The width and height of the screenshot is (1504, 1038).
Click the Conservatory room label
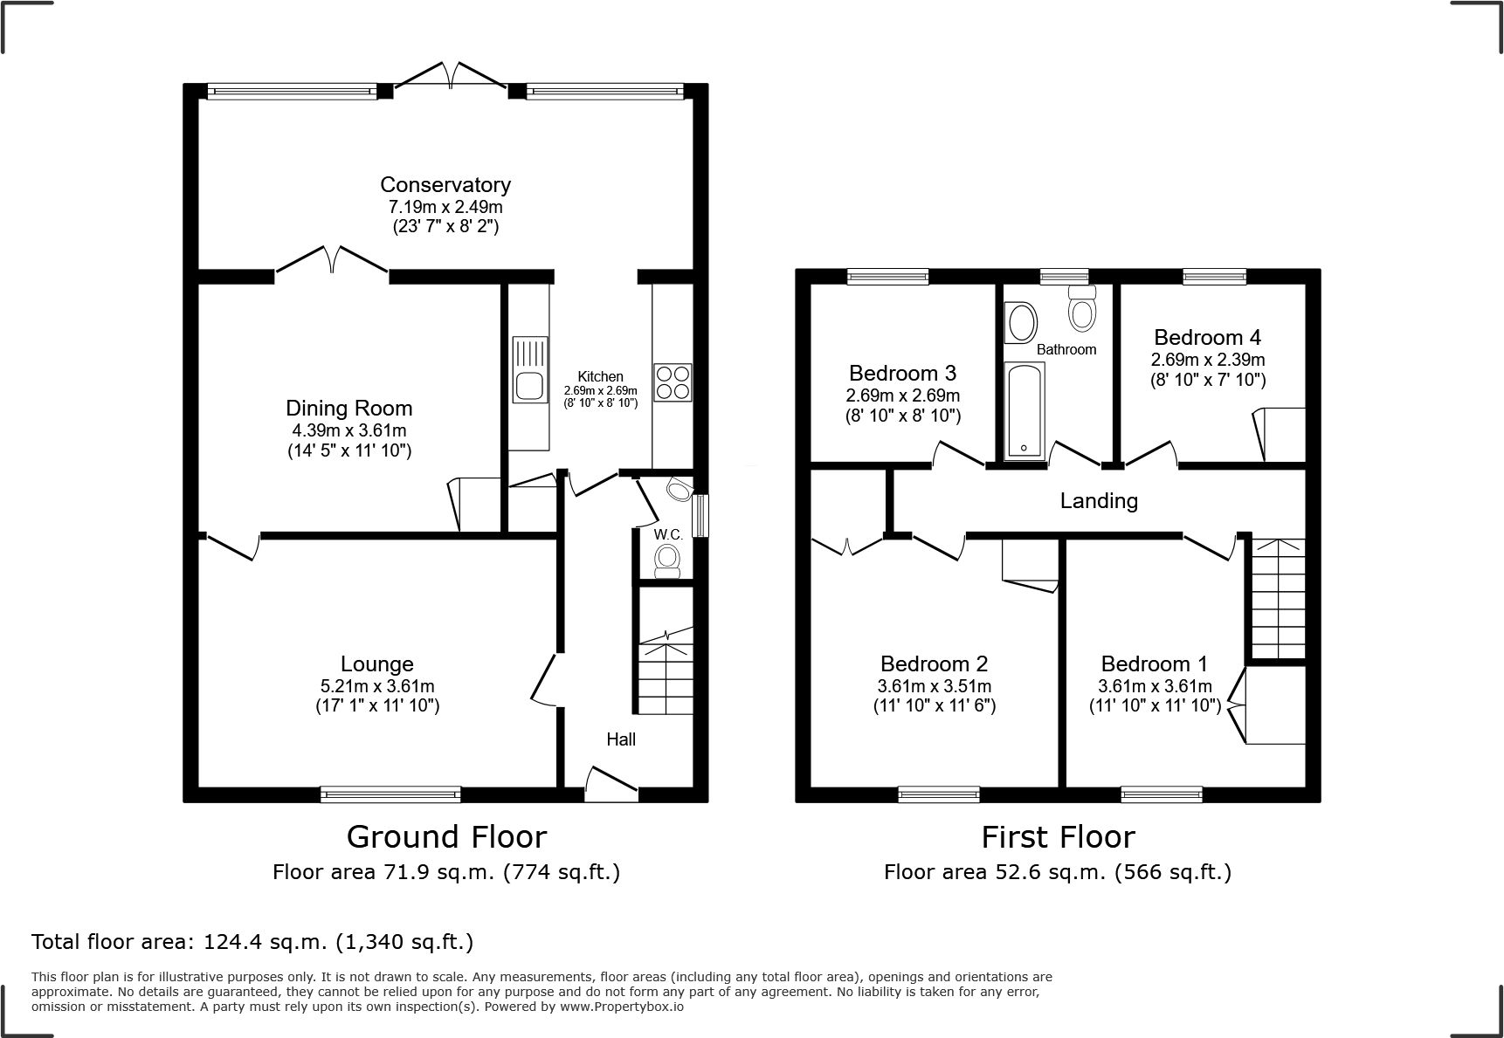(445, 184)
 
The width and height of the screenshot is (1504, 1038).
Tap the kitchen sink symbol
(529, 369)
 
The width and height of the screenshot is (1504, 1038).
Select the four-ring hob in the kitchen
(673, 382)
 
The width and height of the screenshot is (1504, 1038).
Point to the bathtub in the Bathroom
(1024, 410)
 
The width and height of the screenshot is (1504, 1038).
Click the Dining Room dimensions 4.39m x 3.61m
(348, 430)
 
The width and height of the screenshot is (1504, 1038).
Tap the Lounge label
(376, 663)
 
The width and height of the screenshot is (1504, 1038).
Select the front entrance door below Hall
(611, 785)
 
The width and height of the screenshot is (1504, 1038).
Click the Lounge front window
(390, 794)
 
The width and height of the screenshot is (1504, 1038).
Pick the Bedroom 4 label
(1207, 337)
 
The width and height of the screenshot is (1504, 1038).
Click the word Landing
(1099, 500)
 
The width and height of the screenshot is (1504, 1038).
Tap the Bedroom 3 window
(887, 277)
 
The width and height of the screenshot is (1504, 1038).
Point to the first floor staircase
(1279, 598)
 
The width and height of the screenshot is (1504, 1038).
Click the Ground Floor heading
(446, 836)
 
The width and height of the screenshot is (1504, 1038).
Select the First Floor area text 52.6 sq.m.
(1057, 871)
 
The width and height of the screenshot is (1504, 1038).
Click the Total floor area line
(252, 942)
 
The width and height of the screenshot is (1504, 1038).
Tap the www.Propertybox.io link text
(622, 1007)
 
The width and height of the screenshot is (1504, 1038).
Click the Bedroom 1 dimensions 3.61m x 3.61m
(1155, 686)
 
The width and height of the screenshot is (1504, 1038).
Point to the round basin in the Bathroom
(1019, 322)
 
